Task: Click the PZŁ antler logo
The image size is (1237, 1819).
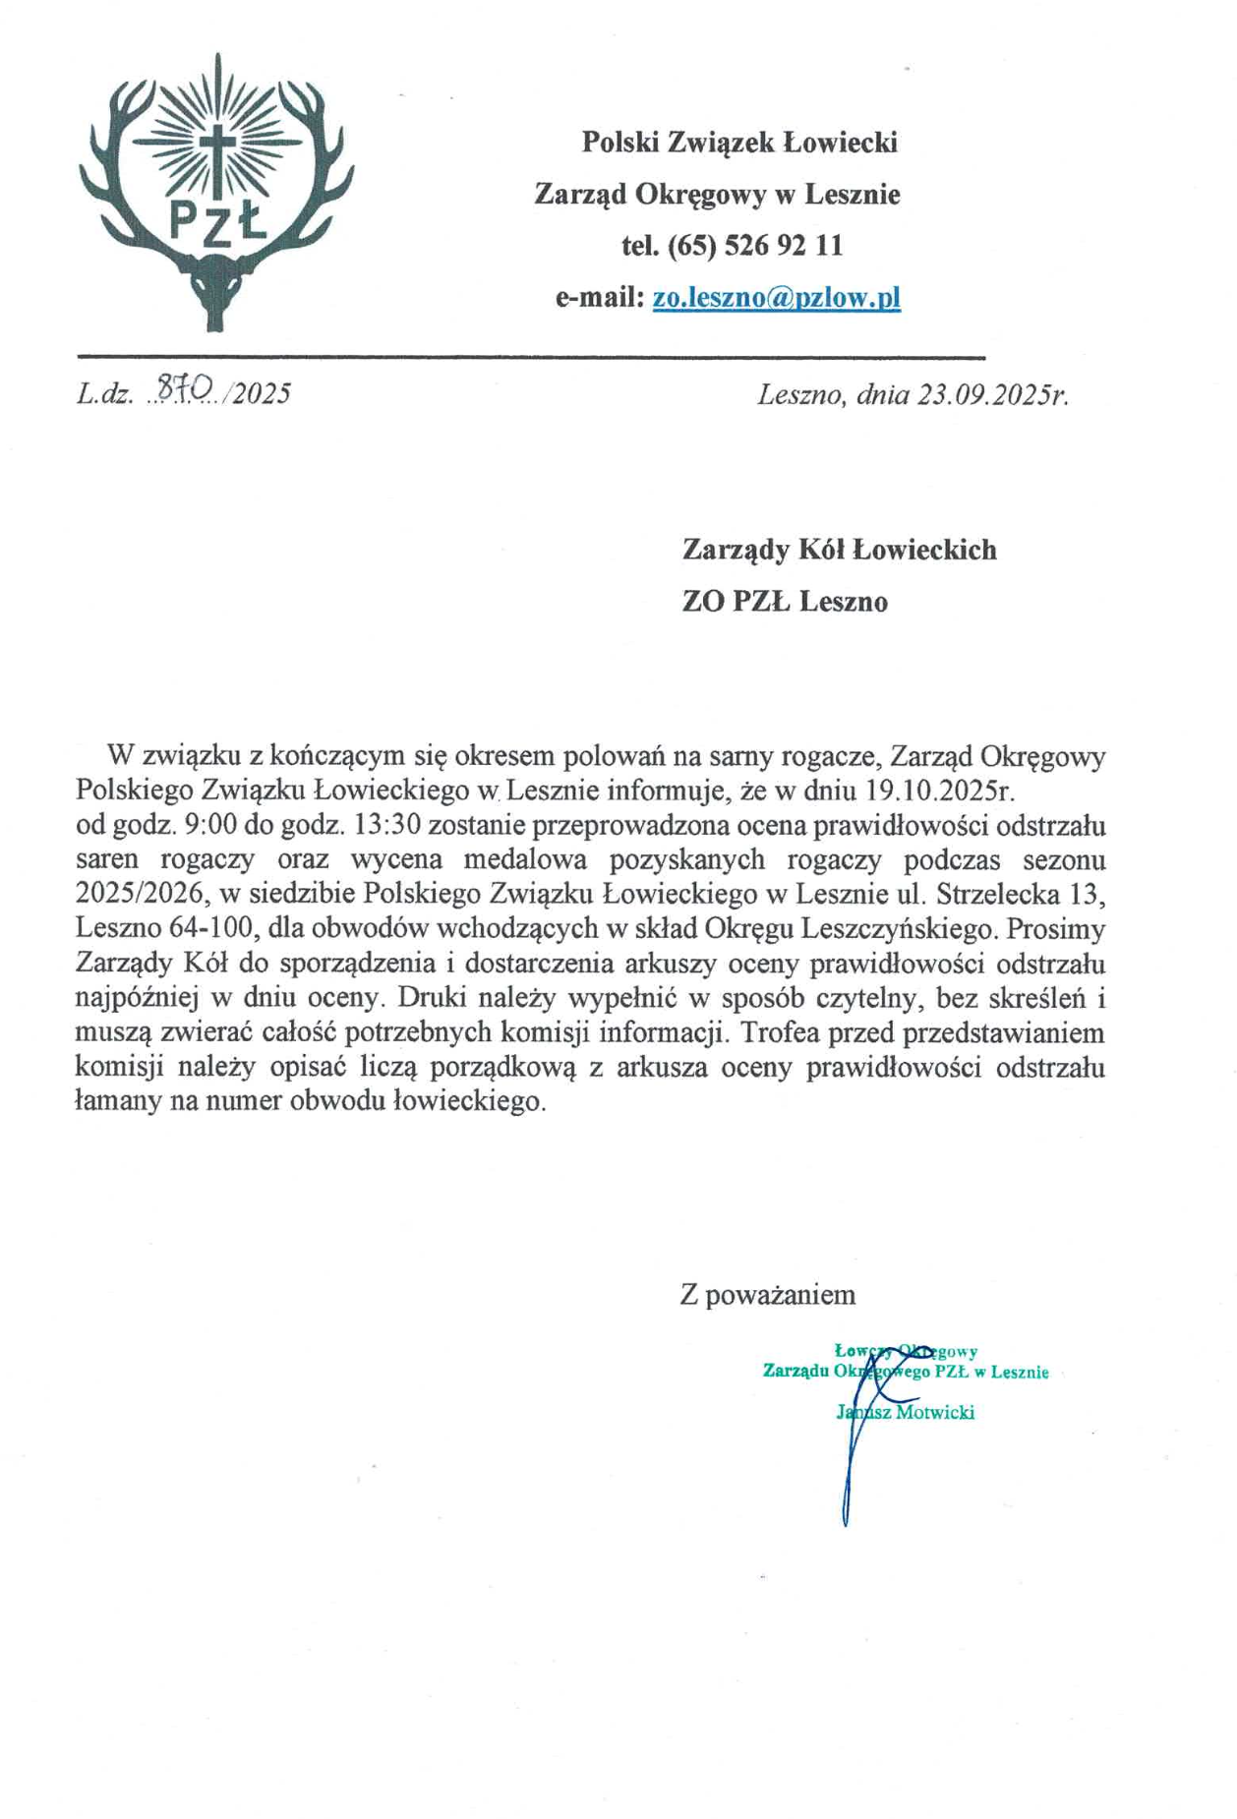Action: tap(216, 192)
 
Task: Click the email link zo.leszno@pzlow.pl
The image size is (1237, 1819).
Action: tap(776, 297)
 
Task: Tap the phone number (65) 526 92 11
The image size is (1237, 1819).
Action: tap(755, 245)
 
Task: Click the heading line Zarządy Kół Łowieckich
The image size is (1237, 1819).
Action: tap(839, 549)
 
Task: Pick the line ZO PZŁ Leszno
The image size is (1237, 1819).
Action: tap(785, 601)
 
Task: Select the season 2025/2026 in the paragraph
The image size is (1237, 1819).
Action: tap(139, 895)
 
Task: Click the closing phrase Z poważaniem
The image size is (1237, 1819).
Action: tap(767, 1294)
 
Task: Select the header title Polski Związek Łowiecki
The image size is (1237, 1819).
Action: tap(739, 143)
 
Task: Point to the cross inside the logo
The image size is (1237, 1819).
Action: tap(216, 147)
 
